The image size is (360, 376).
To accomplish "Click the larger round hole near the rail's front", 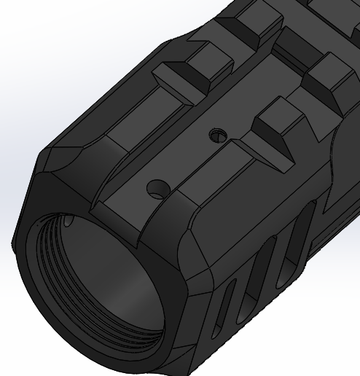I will (x=154, y=189).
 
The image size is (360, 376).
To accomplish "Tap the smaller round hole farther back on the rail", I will (x=214, y=134).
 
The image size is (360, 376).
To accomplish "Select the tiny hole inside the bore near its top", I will (x=69, y=219).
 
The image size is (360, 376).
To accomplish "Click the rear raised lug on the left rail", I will (x=251, y=26).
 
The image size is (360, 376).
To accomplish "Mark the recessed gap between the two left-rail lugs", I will (x=219, y=51).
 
